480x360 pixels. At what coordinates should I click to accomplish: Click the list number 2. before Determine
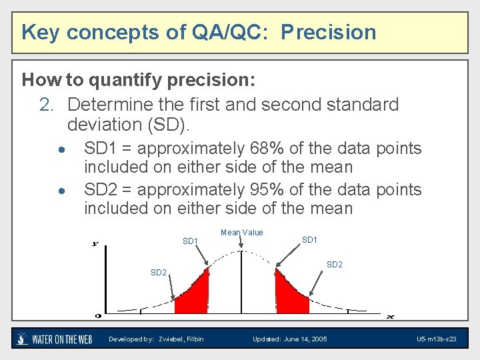click(x=49, y=105)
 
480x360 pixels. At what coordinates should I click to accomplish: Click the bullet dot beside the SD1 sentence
click(x=61, y=149)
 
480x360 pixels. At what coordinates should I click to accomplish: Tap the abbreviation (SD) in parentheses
click(x=167, y=124)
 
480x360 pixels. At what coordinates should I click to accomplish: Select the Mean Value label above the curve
click(x=241, y=233)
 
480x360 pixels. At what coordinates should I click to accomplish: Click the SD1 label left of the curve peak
click(x=190, y=241)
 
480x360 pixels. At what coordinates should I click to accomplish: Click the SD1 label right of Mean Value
click(x=309, y=239)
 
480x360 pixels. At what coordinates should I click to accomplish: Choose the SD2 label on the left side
click(x=158, y=272)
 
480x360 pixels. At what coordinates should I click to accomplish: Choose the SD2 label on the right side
click(x=334, y=265)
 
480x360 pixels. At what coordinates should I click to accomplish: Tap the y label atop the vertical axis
click(x=95, y=243)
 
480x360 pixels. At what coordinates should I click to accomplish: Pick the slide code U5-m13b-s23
click(x=436, y=339)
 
